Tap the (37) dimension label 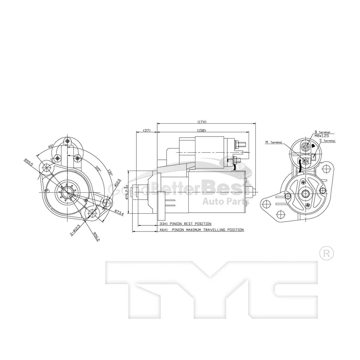click(147, 130)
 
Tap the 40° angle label click(50, 146)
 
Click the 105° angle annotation click(98, 169)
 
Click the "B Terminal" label click(322, 132)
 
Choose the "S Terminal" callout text click(327, 141)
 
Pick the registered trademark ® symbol click(326, 253)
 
